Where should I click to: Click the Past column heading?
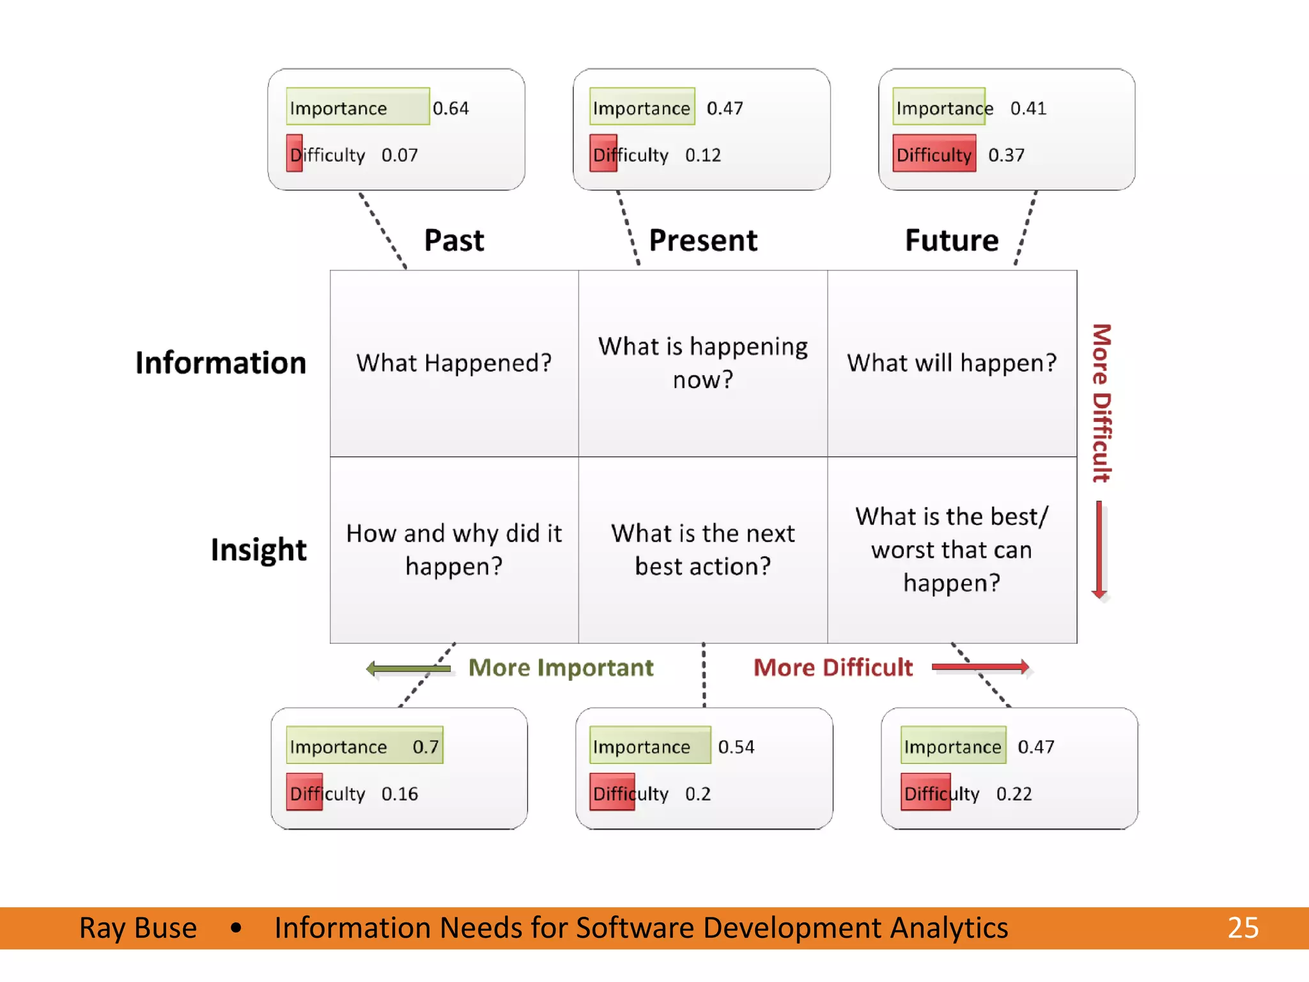(454, 240)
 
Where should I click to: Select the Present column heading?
(703, 240)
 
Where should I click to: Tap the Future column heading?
(952, 240)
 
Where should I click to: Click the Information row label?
(221, 363)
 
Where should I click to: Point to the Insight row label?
(258, 550)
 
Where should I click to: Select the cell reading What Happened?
(454, 363)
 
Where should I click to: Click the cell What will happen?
(952, 363)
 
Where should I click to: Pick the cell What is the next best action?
(703, 550)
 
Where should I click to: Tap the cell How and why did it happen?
(454, 550)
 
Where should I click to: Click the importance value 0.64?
(451, 108)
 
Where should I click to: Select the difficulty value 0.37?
(1006, 155)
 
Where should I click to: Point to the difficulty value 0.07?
(399, 155)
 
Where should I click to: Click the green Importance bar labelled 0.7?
(364, 745)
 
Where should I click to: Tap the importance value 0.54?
(736, 747)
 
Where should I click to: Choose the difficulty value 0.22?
(1014, 793)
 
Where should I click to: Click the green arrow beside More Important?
(409, 669)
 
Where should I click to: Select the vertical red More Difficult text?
(1101, 403)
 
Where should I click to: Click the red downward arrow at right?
(1099, 550)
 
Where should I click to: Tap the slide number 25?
(1243, 928)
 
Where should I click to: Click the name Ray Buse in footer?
(138, 928)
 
